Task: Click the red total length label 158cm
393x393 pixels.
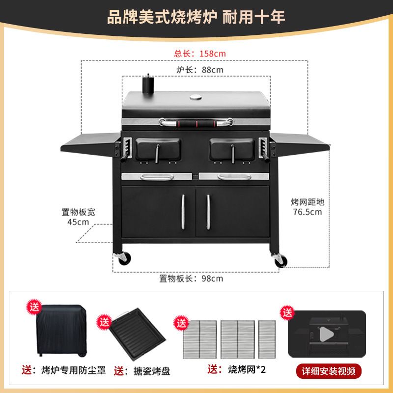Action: (x=200, y=54)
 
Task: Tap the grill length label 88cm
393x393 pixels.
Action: (x=200, y=70)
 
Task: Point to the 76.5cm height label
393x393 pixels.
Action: (x=308, y=212)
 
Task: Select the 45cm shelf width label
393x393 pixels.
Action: (x=78, y=222)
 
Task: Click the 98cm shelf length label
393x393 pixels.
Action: (x=191, y=279)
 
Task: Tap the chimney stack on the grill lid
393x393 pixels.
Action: (x=148, y=84)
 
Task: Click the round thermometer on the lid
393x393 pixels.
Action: (x=196, y=97)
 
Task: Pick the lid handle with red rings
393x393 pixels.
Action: (x=196, y=122)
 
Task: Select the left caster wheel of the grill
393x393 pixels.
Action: (x=124, y=259)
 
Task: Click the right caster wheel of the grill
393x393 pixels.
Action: (x=280, y=260)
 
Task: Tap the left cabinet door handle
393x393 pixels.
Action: (x=183, y=212)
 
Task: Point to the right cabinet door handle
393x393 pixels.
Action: (x=208, y=212)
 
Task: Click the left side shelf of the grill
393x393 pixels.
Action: (x=91, y=144)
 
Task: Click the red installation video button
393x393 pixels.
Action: (x=329, y=371)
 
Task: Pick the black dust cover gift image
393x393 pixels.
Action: (x=61, y=331)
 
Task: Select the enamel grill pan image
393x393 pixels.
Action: (x=137, y=334)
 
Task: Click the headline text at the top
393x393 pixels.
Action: (x=196, y=17)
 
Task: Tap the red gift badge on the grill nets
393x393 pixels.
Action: (x=181, y=323)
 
